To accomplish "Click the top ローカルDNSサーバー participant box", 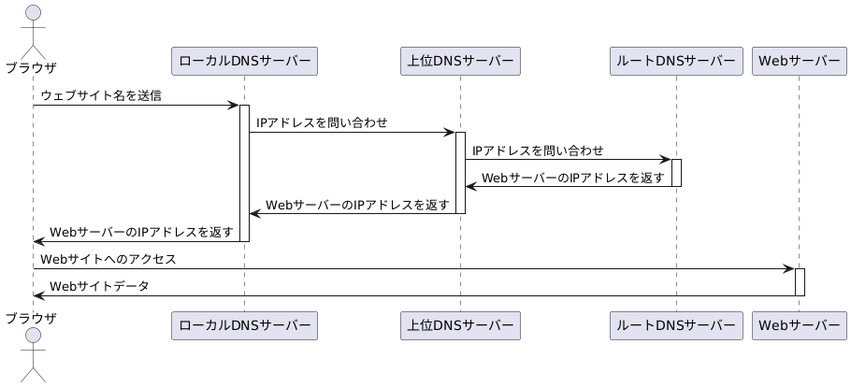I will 244,61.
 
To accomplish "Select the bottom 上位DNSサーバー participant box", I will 459,324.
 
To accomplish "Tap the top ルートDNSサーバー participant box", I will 675,61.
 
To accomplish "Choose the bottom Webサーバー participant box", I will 799,324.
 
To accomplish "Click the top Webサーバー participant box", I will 799,61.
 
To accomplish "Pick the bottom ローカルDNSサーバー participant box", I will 244,324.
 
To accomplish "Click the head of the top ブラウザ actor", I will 33,13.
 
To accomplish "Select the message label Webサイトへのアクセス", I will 108,259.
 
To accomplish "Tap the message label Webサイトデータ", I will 99,286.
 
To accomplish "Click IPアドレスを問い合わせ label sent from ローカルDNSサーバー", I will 322,123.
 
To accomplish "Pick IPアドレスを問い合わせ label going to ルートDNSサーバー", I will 538,150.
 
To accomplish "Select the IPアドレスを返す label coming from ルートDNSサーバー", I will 572,178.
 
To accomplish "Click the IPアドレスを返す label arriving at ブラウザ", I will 141,232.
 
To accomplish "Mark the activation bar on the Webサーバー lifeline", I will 800,281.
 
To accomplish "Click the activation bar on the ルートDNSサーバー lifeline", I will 676,173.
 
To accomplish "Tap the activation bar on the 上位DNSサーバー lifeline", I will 460,172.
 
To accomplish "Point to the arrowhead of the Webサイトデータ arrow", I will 38,295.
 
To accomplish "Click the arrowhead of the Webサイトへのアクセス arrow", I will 789,268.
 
